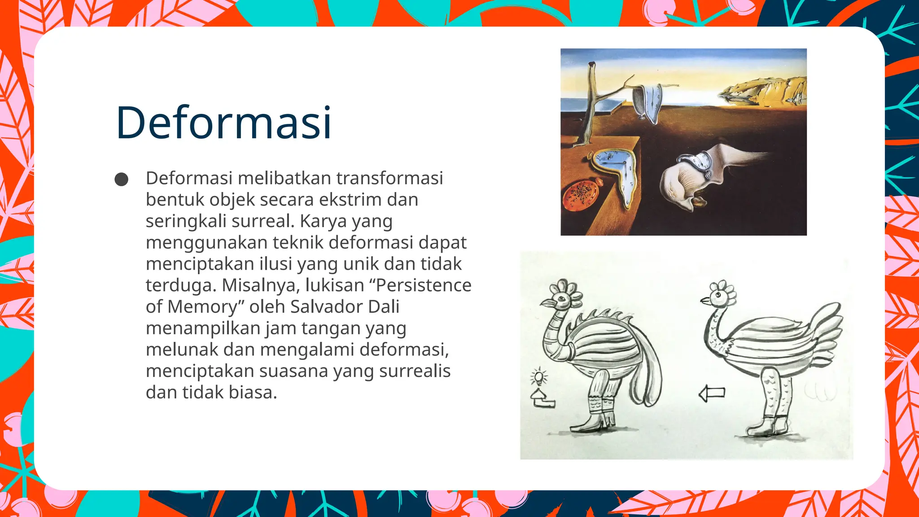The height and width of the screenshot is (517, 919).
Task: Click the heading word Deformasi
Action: [223, 123]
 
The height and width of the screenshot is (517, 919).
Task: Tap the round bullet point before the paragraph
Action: [121, 180]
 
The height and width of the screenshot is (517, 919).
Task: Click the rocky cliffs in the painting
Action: [767, 90]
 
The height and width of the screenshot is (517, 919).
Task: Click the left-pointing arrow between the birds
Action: [712, 394]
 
